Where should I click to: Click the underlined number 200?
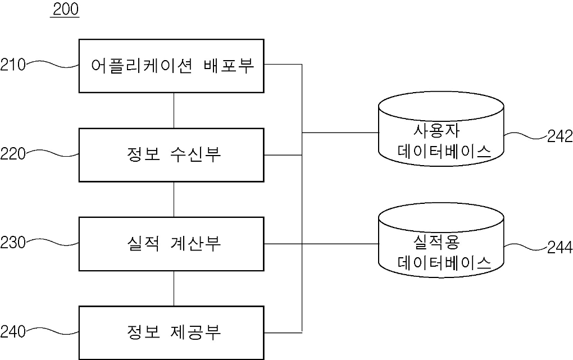[66, 10]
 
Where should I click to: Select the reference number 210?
[13, 65]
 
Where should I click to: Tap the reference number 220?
[13, 154]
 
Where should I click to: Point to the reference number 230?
[13, 243]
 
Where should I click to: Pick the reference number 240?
[13, 332]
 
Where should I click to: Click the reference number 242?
[560, 136]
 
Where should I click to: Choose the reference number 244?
[560, 248]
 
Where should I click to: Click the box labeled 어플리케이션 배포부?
[171, 66]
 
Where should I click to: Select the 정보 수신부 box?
[171, 155]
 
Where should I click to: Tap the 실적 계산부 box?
[171, 244]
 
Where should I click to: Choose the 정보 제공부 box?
[171, 333]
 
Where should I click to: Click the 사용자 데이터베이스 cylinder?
[441, 129]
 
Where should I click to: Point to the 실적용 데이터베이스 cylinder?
[441, 240]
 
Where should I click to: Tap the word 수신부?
[196, 154]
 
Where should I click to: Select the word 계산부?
[196, 243]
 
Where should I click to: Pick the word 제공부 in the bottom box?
[196, 332]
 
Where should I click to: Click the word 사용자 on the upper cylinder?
[436, 131]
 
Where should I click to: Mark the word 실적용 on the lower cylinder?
[436, 242]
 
